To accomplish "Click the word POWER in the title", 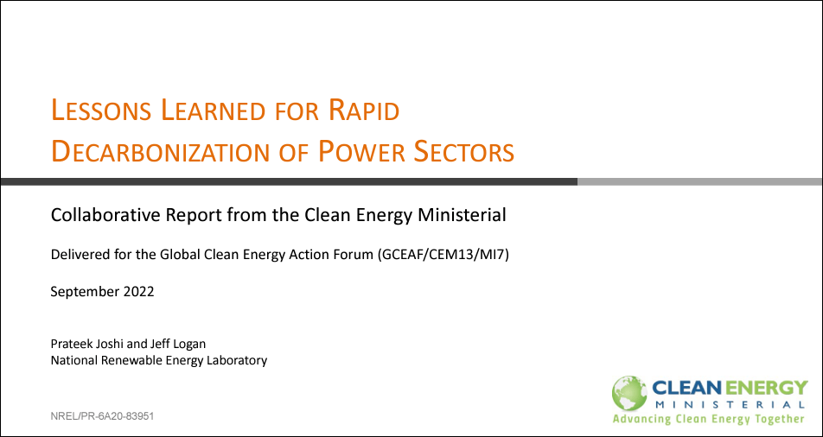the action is coord(362,151).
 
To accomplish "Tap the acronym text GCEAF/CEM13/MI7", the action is coord(442,256).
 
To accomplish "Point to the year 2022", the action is coord(139,292).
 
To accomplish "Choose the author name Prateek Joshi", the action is coord(82,344).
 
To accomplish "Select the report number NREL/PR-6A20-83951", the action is coord(102,416).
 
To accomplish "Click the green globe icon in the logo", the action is coord(629,394).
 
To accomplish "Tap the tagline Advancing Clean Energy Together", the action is coord(709,419).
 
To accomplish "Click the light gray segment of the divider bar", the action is coord(699,181).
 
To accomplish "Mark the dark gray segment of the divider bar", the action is coord(290,181).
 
